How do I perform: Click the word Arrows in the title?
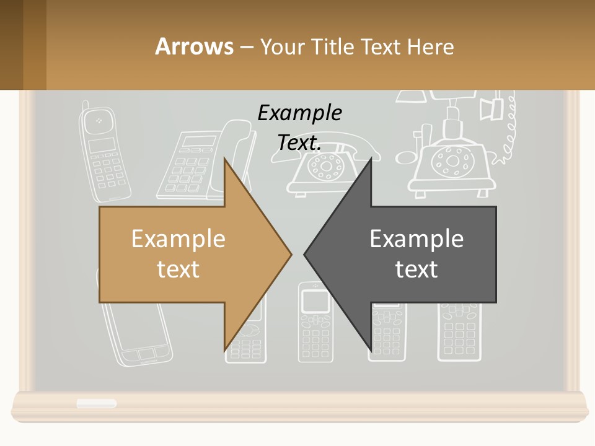click(x=194, y=46)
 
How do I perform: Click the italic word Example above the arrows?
click(x=299, y=113)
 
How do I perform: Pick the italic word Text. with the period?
click(x=299, y=143)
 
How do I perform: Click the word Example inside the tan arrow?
click(x=178, y=238)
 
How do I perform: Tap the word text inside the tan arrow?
click(x=178, y=269)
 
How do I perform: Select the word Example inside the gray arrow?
click(x=416, y=238)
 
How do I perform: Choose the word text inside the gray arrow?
click(x=416, y=269)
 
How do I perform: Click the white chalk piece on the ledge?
click(x=96, y=404)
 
